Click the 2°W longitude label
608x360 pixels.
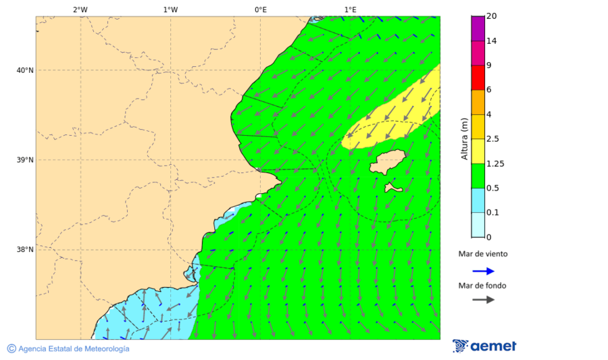click(x=80, y=9)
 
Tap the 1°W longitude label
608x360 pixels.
click(x=170, y=9)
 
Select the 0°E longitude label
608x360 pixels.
click(x=260, y=9)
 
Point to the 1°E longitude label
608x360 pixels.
click(x=350, y=9)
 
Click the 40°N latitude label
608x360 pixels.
click(x=25, y=70)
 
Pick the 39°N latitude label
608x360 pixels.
click(x=25, y=160)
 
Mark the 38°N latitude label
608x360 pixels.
click(x=25, y=250)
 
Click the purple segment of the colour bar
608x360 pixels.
click(x=478, y=28)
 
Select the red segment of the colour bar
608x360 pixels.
click(x=478, y=78)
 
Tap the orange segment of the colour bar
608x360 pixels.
click(x=478, y=102)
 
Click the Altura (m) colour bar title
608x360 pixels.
click(x=464, y=138)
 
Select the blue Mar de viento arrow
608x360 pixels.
click(x=483, y=271)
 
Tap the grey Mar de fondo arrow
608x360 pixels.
click(x=483, y=300)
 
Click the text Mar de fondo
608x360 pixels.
click(x=482, y=286)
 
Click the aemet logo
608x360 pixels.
click(x=484, y=346)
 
